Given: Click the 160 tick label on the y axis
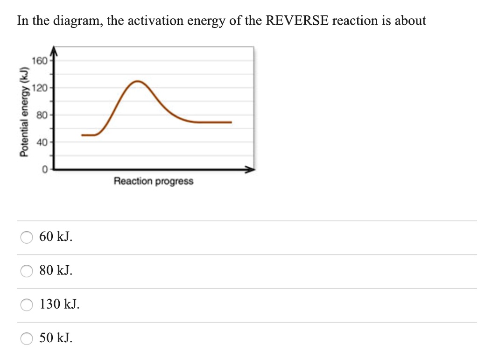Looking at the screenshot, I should (x=39, y=61).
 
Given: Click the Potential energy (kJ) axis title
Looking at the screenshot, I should (x=22, y=112).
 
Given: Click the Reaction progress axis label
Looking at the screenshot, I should (x=153, y=181).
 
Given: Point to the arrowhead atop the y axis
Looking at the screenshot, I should (x=53, y=50).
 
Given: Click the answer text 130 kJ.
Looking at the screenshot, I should (x=59, y=304).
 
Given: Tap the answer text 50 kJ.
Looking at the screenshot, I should (x=56, y=338).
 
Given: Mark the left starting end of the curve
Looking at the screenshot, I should (x=83, y=135).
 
